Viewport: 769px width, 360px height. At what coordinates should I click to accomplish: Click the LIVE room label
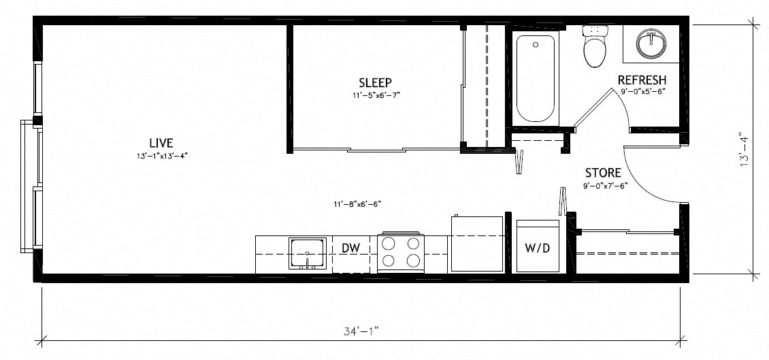[161, 143]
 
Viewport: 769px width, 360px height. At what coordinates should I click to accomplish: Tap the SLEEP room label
[376, 83]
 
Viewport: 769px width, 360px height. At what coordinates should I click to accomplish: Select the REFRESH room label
[642, 80]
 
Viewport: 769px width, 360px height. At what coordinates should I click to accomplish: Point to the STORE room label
[603, 173]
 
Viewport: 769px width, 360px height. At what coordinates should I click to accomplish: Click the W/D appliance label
[537, 248]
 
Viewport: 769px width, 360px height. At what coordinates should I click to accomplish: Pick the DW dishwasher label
[350, 248]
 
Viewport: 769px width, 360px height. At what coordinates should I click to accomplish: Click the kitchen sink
[308, 253]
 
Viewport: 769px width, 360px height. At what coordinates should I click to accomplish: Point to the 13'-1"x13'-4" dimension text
[161, 156]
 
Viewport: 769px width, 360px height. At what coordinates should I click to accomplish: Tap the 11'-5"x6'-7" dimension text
[376, 96]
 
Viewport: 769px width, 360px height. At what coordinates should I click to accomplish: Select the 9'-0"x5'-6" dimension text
[642, 91]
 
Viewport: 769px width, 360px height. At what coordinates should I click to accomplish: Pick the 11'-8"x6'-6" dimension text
[358, 203]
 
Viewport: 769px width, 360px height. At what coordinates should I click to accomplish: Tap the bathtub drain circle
[536, 45]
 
